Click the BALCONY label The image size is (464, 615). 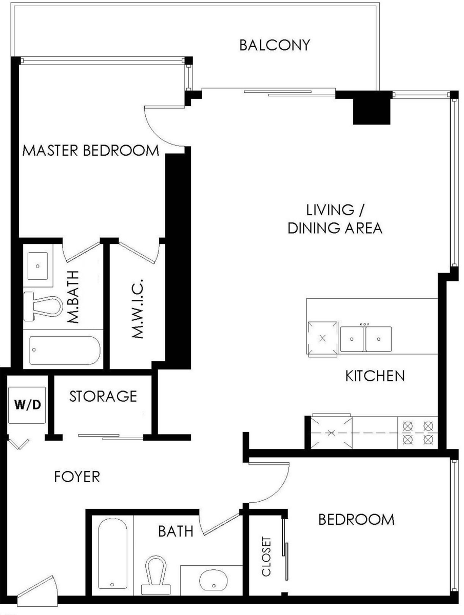point(275,45)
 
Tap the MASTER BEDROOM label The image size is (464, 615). point(91,151)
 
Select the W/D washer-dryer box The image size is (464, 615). point(27,404)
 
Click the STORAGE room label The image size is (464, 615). point(103,396)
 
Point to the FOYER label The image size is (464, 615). point(77,477)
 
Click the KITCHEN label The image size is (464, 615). point(375,376)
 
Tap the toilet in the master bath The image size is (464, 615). point(43,306)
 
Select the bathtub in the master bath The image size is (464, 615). point(65,351)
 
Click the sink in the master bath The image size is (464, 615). point(37,265)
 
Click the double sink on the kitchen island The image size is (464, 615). point(365,339)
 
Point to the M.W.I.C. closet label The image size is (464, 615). point(137,309)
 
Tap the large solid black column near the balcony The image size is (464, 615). point(371,108)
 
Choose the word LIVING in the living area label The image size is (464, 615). point(330,210)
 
